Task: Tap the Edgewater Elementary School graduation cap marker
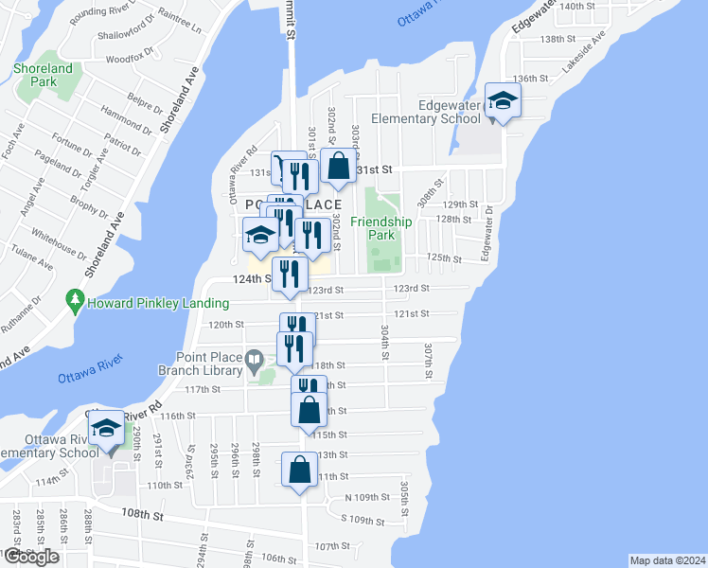coord(503,101)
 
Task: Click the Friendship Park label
coord(381,227)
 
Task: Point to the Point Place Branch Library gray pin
coord(254,361)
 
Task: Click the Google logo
coord(30,557)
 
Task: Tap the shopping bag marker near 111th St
coord(299,470)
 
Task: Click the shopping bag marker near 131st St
coord(338,167)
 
